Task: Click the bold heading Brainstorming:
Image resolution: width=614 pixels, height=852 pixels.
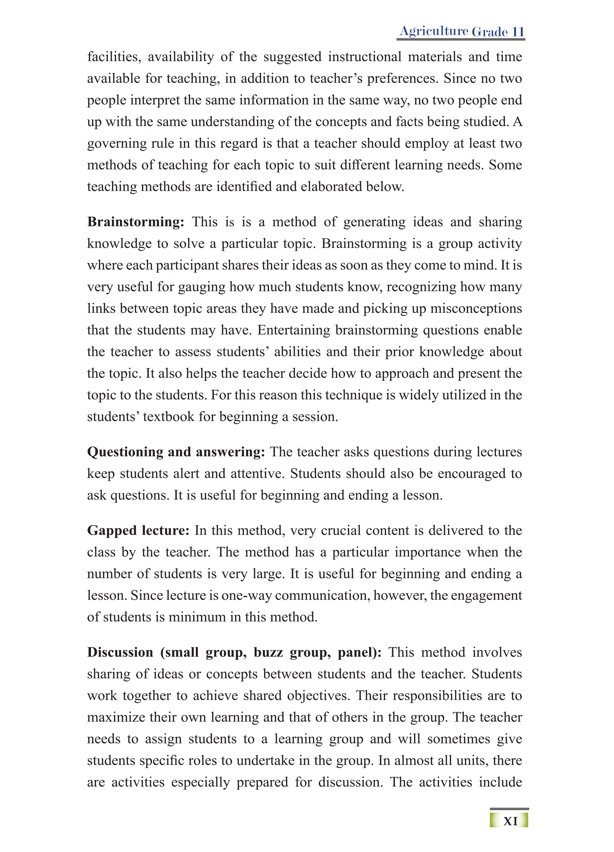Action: [136, 222]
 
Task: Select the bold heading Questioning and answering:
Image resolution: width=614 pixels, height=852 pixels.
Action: [176, 452]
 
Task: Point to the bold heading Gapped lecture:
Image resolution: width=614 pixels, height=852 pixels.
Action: [138, 531]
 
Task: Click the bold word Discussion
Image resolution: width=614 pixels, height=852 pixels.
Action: [120, 652]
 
